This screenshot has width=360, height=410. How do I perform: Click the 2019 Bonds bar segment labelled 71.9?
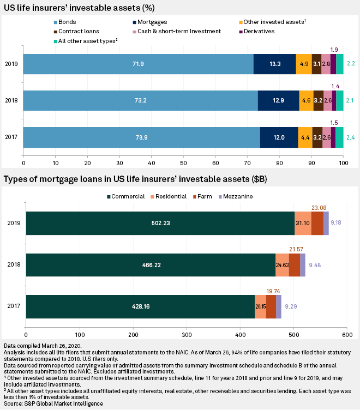(x=139, y=64)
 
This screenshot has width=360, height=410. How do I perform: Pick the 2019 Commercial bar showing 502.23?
(x=160, y=222)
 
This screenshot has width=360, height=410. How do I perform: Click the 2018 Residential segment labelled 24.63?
(x=282, y=264)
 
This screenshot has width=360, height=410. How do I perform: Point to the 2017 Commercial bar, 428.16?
(x=140, y=306)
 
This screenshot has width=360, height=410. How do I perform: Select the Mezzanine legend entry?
(x=241, y=196)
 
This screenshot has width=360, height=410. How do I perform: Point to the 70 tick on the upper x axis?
(x=247, y=162)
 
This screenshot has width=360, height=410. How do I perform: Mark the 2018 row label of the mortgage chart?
(x=14, y=264)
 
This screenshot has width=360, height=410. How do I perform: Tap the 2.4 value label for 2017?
(x=350, y=137)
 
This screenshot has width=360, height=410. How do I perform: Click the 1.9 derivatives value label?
(x=333, y=49)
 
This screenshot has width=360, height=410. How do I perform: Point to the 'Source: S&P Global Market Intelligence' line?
(x=54, y=403)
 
